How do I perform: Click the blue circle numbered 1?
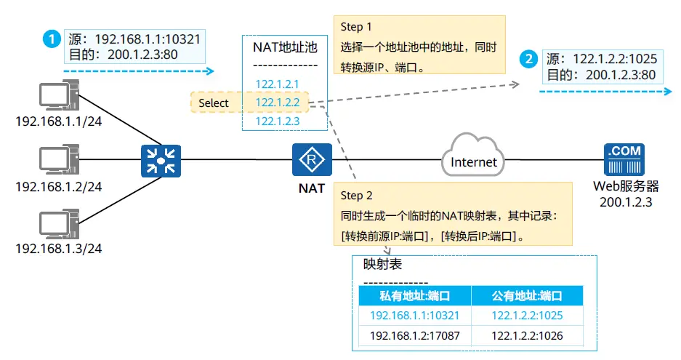coord(52,39)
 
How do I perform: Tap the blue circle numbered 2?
coord(528,59)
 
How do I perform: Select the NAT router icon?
coord(312,159)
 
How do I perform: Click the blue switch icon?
coord(161,161)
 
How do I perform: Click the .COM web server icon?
coord(624,159)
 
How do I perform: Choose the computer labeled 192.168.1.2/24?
coord(59,159)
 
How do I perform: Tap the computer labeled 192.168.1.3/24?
coord(59,224)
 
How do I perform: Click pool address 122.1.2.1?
coord(277,84)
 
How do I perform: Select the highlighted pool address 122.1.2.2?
coord(277,103)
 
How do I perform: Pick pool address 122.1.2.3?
coord(277,121)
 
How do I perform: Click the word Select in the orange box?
coord(213,103)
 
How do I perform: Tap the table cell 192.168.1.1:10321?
coord(414,316)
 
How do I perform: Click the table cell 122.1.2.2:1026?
coord(527,336)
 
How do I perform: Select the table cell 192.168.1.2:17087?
coord(414,336)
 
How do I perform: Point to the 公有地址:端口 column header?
coord(527,296)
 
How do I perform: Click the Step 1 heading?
coord(356,27)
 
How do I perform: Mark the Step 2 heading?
coord(356,196)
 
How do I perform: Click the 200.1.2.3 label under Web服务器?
coord(626,202)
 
